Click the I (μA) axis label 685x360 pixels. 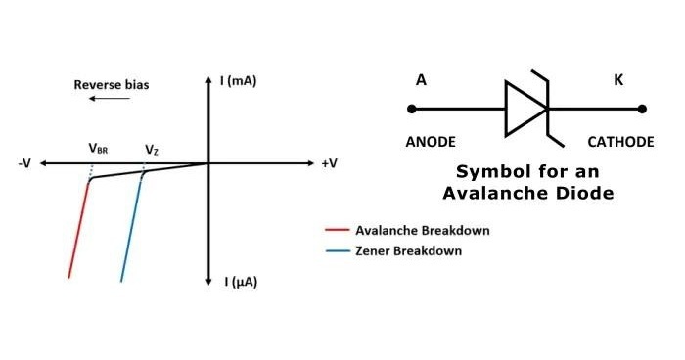coord(241,282)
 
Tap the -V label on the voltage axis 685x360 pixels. coord(25,163)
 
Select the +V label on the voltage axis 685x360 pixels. coord(329,163)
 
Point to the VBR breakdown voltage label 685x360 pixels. coord(98,149)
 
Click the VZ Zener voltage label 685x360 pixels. coord(152,149)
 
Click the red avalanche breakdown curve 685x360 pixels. coord(78,230)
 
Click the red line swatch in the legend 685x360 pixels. coord(337,231)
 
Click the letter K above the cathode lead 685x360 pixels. coord(618,79)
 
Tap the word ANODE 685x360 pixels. coord(430,142)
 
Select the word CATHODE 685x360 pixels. coord(620,142)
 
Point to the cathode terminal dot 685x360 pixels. coord(642,108)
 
